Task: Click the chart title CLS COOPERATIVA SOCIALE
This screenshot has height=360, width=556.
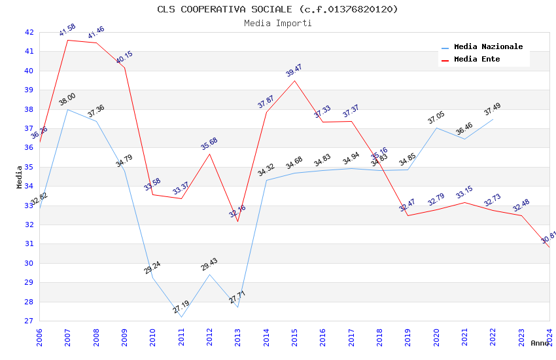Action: click(x=277, y=9)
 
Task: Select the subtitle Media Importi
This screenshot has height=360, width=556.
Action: click(x=277, y=23)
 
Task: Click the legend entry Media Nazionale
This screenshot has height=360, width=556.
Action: click(x=488, y=47)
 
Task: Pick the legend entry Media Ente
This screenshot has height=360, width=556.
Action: click(x=477, y=60)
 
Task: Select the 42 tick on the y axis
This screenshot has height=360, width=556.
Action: click(x=29, y=32)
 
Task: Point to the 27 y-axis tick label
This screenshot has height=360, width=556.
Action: click(x=29, y=321)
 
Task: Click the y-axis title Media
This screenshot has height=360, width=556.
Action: click(x=20, y=177)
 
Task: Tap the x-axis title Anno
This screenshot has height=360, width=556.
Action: click(x=540, y=343)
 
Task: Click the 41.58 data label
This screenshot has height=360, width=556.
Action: click(x=67, y=30)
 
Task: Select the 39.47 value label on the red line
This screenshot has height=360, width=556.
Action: click(x=294, y=71)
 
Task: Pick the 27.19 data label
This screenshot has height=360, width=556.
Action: click(x=181, y=307)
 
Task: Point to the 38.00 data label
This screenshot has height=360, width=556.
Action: click(x=67, y=99)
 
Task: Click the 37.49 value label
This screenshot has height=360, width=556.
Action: click(x=493, y=109)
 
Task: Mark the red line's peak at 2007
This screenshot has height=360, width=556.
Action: click(x=67, y=41)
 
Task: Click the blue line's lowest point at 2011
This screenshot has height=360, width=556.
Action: click(x=181, y=317)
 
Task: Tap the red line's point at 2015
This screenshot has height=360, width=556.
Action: click(x=294, y=81)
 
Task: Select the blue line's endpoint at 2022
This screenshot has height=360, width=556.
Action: click(x=493, y=119)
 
